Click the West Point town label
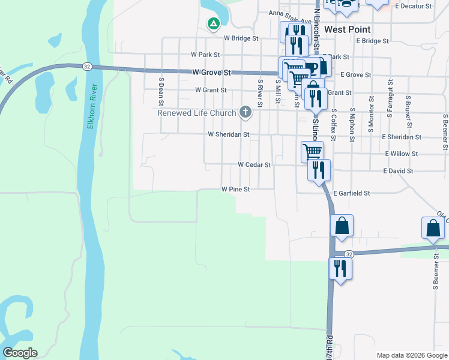click(347, 29)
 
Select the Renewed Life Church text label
click(197, 112)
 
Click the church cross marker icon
click(245, 112)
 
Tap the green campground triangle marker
click(213, 24)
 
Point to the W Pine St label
click(235, 188)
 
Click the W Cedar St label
click(255, 164)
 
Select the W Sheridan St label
click(228, 134)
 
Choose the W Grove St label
click(212, 72)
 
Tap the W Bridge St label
click(241, 38)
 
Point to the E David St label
click(398, 171)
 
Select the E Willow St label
click(402, 154)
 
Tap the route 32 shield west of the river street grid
click(88, 67)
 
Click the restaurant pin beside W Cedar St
click(319, 169)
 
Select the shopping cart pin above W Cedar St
click(312, 152)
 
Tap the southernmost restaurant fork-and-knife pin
click(340, 267)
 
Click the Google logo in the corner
click(20, 353)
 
